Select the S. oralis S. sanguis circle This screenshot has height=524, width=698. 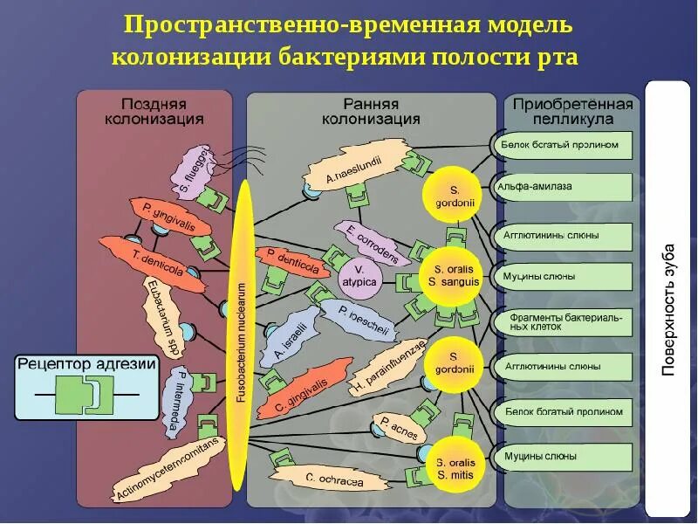tap(453, 275)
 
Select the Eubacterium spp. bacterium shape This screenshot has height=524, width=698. tap(162, 317)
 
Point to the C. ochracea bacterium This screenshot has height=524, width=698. tap(322, 479)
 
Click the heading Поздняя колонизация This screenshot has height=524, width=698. tap(154, 111)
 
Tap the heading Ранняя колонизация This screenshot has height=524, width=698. tap(371, 111)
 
